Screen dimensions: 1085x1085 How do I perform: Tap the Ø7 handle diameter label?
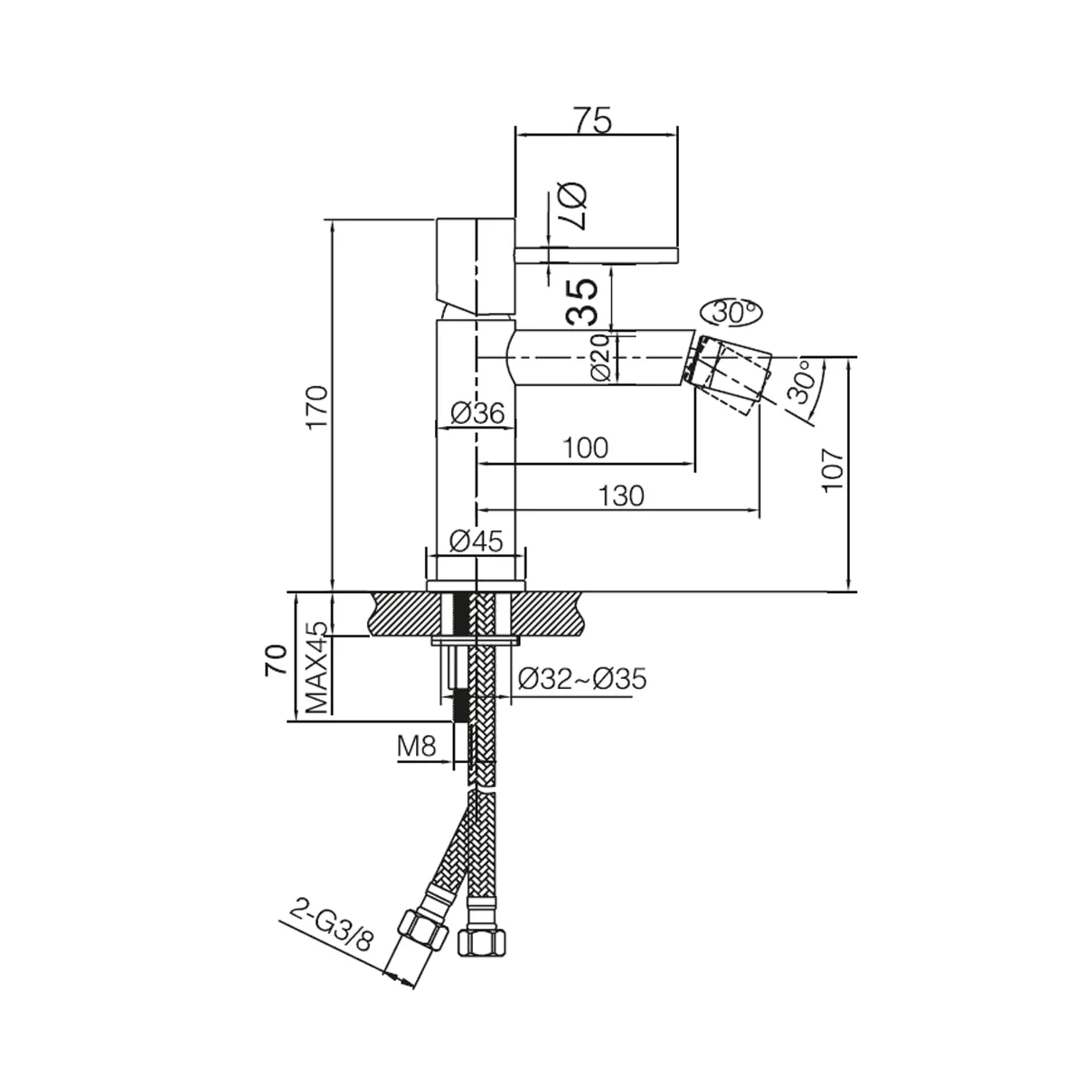(574, 206)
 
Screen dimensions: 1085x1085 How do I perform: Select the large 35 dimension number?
(581, 302)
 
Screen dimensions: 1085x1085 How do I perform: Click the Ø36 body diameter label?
(477, 414)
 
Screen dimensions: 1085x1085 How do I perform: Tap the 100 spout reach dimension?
(586, 448)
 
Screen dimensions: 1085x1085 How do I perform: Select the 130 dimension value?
(620, 496)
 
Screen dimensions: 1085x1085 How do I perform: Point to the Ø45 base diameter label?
(476, 542)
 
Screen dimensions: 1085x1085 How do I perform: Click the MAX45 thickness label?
(317, 667)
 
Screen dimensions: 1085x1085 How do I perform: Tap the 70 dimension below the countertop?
(277, 660)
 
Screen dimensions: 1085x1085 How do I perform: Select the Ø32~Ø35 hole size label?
(582, 680)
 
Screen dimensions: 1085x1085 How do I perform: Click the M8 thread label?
(417, 747)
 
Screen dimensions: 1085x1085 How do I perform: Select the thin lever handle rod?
(596, 255)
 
